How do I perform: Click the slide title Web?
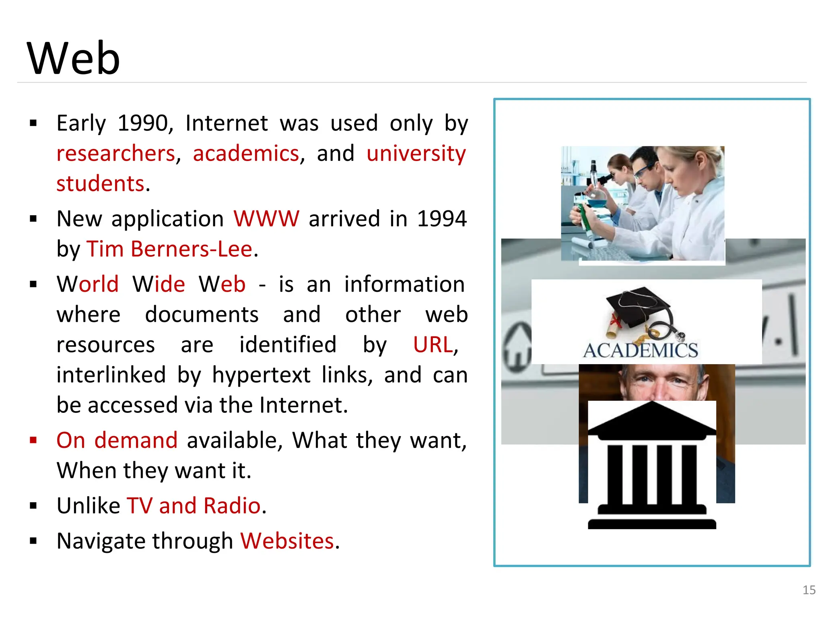coord(73,58)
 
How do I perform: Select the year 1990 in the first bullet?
coord(143,123)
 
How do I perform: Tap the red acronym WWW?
coord(266,219)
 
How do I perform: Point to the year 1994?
coord(442,219)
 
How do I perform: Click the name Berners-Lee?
coord(192,249)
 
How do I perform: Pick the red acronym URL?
coord(433,345)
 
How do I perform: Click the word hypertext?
coord(261,375)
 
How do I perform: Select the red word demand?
coord(136,440)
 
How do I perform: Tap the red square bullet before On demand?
coord(33,440)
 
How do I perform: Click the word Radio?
coord(232,506)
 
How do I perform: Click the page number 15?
coord(809,590)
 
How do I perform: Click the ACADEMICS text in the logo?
coord(641,350)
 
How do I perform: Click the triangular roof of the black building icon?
coord(652,418)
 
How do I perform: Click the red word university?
coord(416,154)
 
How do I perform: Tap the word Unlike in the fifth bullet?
coord(88,506)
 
